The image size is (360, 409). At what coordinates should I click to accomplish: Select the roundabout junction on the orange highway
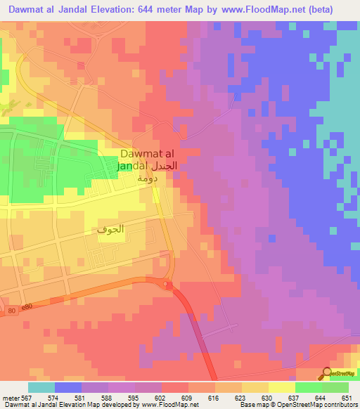point(168,285)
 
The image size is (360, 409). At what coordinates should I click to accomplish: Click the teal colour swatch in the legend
point(41,387)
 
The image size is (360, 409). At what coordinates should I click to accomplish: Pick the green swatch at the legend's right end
point(335,387)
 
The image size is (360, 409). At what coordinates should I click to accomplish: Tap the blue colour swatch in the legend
point(68,387)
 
